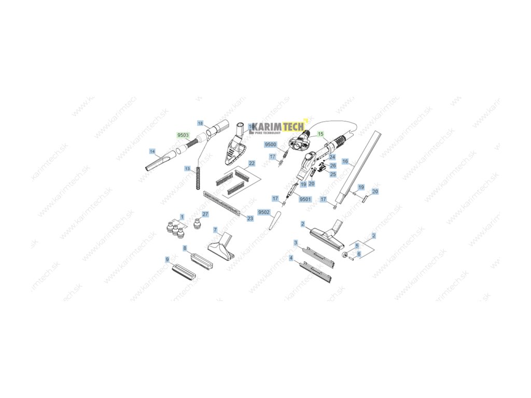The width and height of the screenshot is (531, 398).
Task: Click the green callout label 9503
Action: pos(183,135)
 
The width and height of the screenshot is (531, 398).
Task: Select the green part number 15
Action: pos(320,134)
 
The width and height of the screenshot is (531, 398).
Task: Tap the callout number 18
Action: pos(200,123)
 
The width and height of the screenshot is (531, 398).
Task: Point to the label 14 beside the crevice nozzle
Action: pos(152,151)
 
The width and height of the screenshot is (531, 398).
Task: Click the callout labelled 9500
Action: pos(271,145)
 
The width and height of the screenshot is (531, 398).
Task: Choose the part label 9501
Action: pos(305,199)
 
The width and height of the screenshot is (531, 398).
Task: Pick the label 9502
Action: pos(264,212)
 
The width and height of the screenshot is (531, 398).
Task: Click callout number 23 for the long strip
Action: pos(250,219)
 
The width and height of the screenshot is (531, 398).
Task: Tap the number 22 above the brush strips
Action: pos(251,163)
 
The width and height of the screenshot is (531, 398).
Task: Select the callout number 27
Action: pos(205,214)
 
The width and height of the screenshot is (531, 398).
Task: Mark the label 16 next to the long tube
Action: pos(345,162)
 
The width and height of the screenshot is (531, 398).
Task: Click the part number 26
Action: pos(333,165)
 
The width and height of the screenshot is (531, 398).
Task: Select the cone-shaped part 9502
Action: pos(273,222)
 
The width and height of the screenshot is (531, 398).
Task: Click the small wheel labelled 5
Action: pos(344,254)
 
